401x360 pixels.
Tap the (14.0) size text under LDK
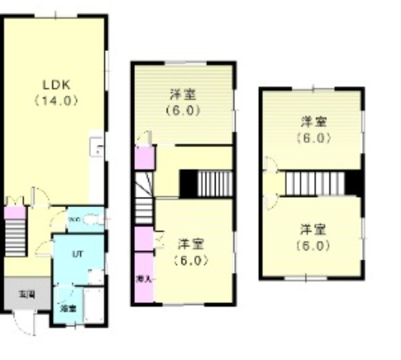pos(56,100)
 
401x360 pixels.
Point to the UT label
pos(77,254)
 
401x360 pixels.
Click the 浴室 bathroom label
pos(68,308)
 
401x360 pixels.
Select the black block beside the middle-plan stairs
pos(188,184)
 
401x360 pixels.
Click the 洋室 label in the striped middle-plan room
pos(182,94)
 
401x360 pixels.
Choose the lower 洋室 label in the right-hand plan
pos(313,228)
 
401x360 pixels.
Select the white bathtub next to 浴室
pos(94,304)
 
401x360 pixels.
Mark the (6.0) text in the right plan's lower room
pos(313,245)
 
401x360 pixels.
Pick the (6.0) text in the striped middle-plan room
pos(182,110)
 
